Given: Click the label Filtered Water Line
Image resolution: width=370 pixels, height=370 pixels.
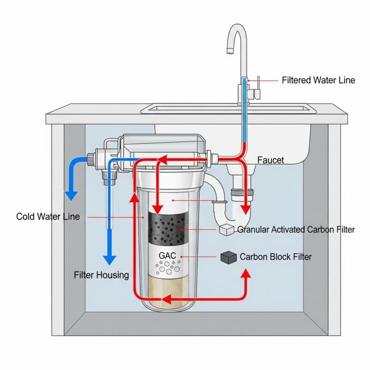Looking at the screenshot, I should click(318, 80).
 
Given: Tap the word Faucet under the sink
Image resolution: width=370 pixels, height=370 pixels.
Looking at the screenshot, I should click(271, 160).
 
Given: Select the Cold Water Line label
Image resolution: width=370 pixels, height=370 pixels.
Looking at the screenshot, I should click(48, 216).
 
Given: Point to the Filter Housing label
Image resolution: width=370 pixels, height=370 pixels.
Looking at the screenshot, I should click(101, 275).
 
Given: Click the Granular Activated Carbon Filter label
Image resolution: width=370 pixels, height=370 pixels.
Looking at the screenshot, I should click(296, 230).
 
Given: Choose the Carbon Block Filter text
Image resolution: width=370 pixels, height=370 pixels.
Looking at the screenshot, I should click(276, 257).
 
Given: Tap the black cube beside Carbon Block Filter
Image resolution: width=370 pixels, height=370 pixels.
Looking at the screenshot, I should click(227, 257).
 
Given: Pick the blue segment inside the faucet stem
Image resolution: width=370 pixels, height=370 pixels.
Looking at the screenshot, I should click(244, 111).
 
